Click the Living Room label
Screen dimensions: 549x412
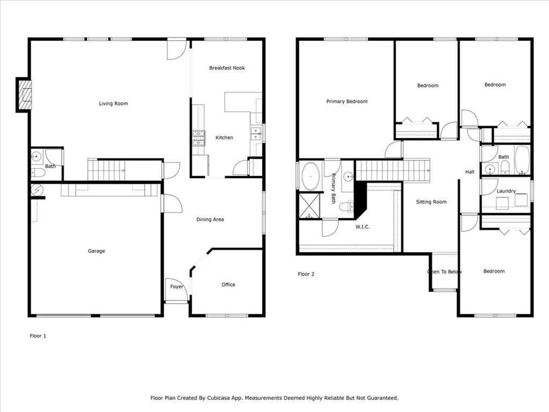114,104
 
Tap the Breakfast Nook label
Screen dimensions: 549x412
227,68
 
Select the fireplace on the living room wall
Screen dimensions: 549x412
24,95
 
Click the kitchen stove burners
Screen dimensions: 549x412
198,138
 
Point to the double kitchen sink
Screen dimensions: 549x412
256,134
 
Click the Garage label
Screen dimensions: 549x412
97,251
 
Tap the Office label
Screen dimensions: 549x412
228,284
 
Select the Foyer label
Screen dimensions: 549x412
176,286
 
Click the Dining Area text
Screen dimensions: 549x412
210,219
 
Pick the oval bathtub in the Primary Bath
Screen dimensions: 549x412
310,176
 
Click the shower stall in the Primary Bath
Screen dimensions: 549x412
309,206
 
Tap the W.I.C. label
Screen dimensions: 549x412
362,227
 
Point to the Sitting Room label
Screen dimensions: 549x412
431,202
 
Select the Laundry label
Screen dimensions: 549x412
506,191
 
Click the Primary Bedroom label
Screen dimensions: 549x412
347,101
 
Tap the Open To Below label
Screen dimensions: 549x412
444,271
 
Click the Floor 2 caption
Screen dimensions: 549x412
306,274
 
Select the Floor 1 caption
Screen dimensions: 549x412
38,336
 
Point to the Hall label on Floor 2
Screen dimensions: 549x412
470,172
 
